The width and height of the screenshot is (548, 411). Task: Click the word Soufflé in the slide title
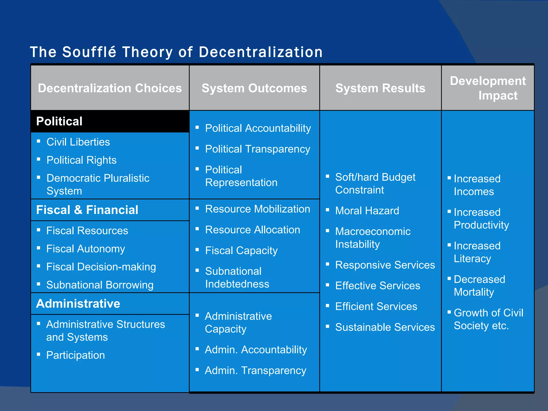click(89, 52)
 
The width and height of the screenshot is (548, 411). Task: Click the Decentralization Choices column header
click(110, 88)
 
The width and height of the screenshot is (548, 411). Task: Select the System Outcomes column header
click(254, 88)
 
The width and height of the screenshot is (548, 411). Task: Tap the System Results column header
click(380, 88)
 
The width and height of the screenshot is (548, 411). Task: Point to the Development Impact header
click(488, 88)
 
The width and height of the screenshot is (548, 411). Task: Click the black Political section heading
click(59, 121)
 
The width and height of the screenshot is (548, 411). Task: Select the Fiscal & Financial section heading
click(87, 210)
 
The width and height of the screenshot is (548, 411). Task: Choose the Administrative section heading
click(78, 303)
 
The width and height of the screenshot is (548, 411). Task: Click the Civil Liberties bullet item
click(78, 142)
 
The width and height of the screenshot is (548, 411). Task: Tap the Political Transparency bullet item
click(257, 149)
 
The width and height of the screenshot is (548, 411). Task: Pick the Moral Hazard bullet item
click(367, 211)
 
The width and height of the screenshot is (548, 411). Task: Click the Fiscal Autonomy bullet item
click(86, 249)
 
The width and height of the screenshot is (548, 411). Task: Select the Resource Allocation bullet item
click(252, 230)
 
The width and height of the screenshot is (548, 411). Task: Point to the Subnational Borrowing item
click(100, 285)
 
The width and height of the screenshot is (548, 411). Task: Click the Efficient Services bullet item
click(376, 306)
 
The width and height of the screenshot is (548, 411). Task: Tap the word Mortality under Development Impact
click(474, 292)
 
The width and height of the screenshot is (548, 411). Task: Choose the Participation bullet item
click(75, 355)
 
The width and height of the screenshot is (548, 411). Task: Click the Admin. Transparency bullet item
click(255, 371)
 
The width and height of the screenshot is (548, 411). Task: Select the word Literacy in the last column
click(472, 258)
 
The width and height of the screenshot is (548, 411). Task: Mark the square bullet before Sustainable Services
click(327, 326)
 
